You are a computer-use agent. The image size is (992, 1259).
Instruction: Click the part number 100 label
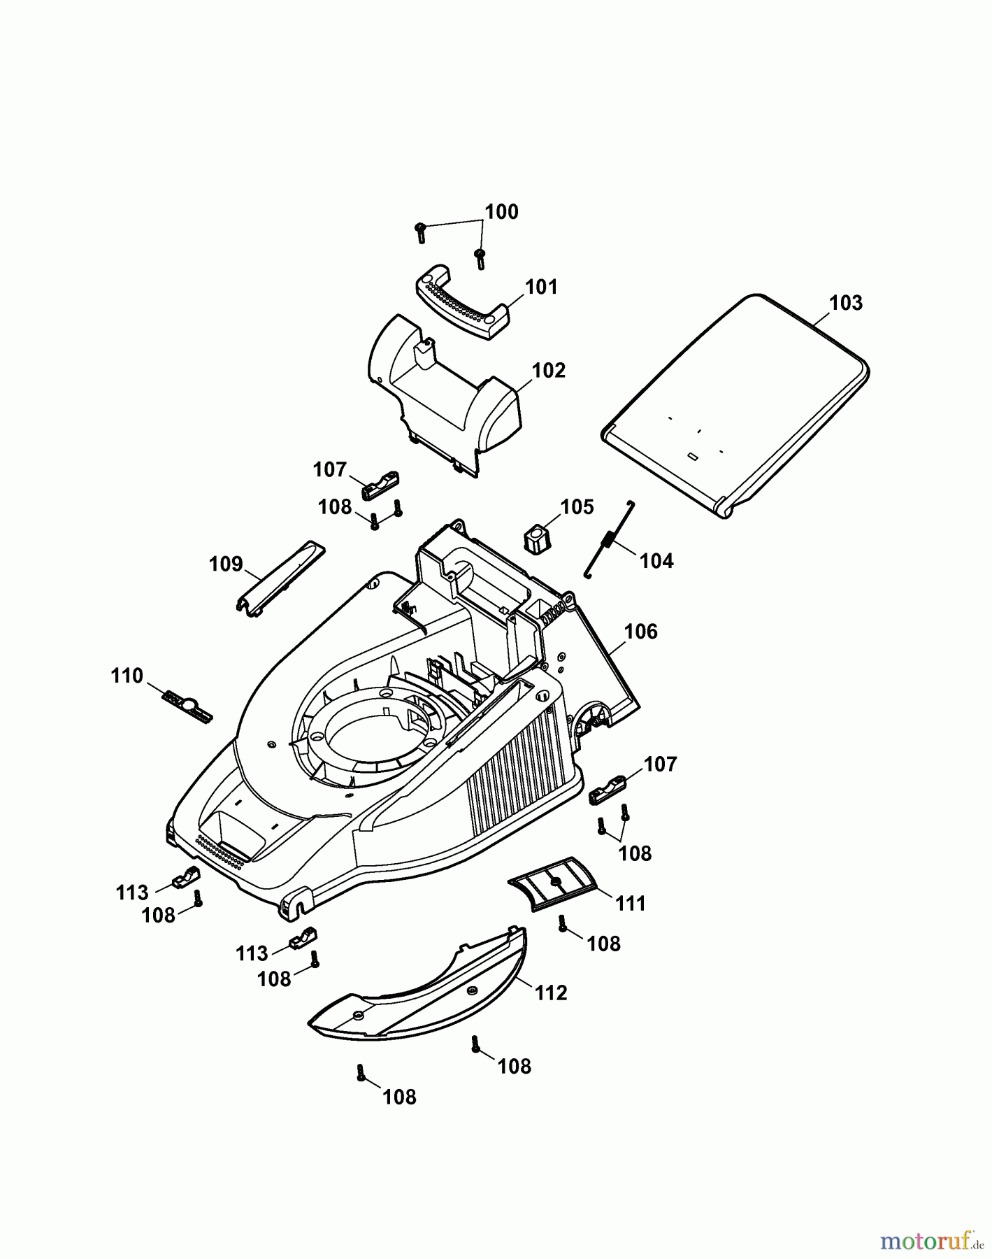(x=501, y=212)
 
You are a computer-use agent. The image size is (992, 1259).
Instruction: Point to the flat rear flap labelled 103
(x=734, y=406)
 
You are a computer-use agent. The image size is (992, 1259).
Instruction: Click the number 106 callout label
(x=640, y=632)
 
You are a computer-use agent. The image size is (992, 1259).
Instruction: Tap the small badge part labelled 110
(x=187, y=706)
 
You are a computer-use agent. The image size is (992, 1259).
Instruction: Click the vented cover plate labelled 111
(x=554, y=883)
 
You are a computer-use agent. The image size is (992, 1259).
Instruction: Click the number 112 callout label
(x=551, y=993)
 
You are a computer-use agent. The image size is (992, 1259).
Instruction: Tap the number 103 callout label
(x=846, y=303)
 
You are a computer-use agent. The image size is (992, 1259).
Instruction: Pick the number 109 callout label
(x=226, y=564)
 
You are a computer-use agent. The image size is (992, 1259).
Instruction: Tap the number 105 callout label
(x=577, y=506)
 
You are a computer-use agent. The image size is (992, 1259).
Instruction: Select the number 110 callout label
(x=127, y=676)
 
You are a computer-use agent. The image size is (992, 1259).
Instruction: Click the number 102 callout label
(x=549, y=370)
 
